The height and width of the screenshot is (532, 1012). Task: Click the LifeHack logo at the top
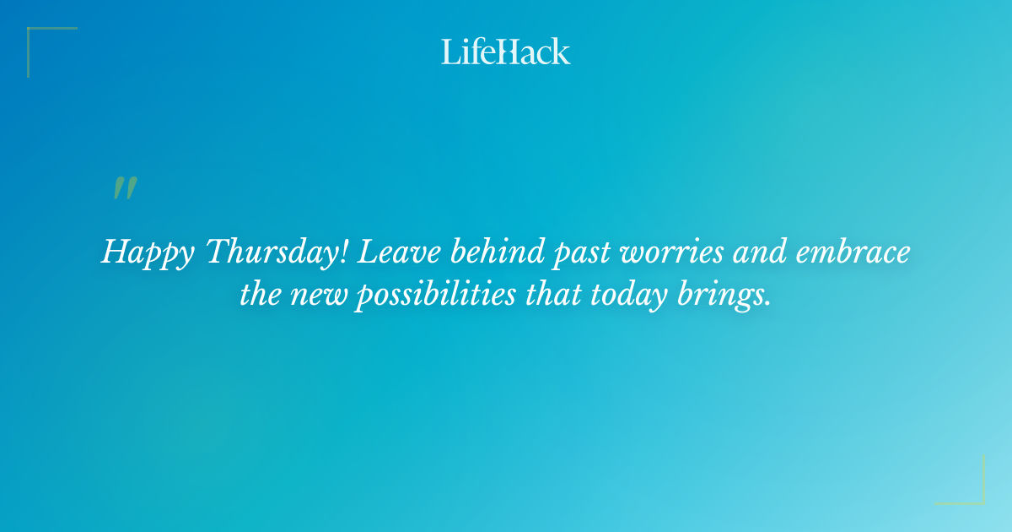[x=506, y=52]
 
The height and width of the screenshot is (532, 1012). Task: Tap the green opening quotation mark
[x=125, y=188]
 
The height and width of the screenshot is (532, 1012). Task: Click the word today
[x=630, y=296]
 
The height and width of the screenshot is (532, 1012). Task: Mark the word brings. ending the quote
[x=727, y=296]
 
